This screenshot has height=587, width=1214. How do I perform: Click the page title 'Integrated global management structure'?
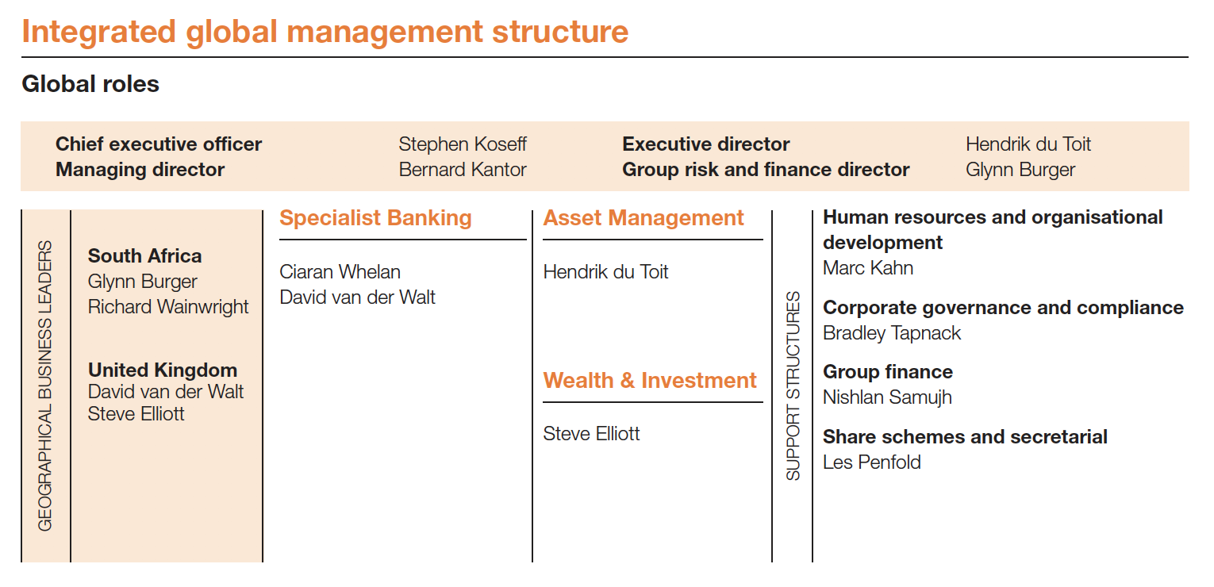(325, 33)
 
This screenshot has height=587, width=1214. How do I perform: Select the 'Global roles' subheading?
(90, 84)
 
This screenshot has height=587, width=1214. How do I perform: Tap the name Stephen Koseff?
(462, 144)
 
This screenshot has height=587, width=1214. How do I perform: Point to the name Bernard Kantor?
(462, 170)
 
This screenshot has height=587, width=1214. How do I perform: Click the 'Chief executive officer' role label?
(159, 144)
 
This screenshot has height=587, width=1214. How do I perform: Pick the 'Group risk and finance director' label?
(766, 170)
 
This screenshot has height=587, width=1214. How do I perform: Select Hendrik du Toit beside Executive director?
(1028, 144)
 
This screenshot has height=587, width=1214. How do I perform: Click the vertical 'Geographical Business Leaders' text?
(45, 386)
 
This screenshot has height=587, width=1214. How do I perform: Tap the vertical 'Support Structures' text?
(793, 386)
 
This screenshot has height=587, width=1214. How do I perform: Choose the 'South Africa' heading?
(144, 256)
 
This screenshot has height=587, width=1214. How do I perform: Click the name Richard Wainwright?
(168, 307)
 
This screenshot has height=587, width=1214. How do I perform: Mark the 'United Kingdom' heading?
(162, 370)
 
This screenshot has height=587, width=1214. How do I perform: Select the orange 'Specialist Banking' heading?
(375, 218)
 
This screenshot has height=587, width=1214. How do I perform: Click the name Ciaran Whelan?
(340, 272)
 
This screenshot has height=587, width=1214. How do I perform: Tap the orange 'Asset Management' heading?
(643, 218)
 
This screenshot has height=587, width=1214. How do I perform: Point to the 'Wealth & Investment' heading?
(649, 381)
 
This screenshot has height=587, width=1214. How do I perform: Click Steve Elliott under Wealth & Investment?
(591, 434)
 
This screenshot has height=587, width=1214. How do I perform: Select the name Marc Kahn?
(867, 268)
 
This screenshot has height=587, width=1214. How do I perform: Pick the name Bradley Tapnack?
(891, 333)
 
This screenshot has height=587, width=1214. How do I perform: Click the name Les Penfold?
(871, 462)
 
